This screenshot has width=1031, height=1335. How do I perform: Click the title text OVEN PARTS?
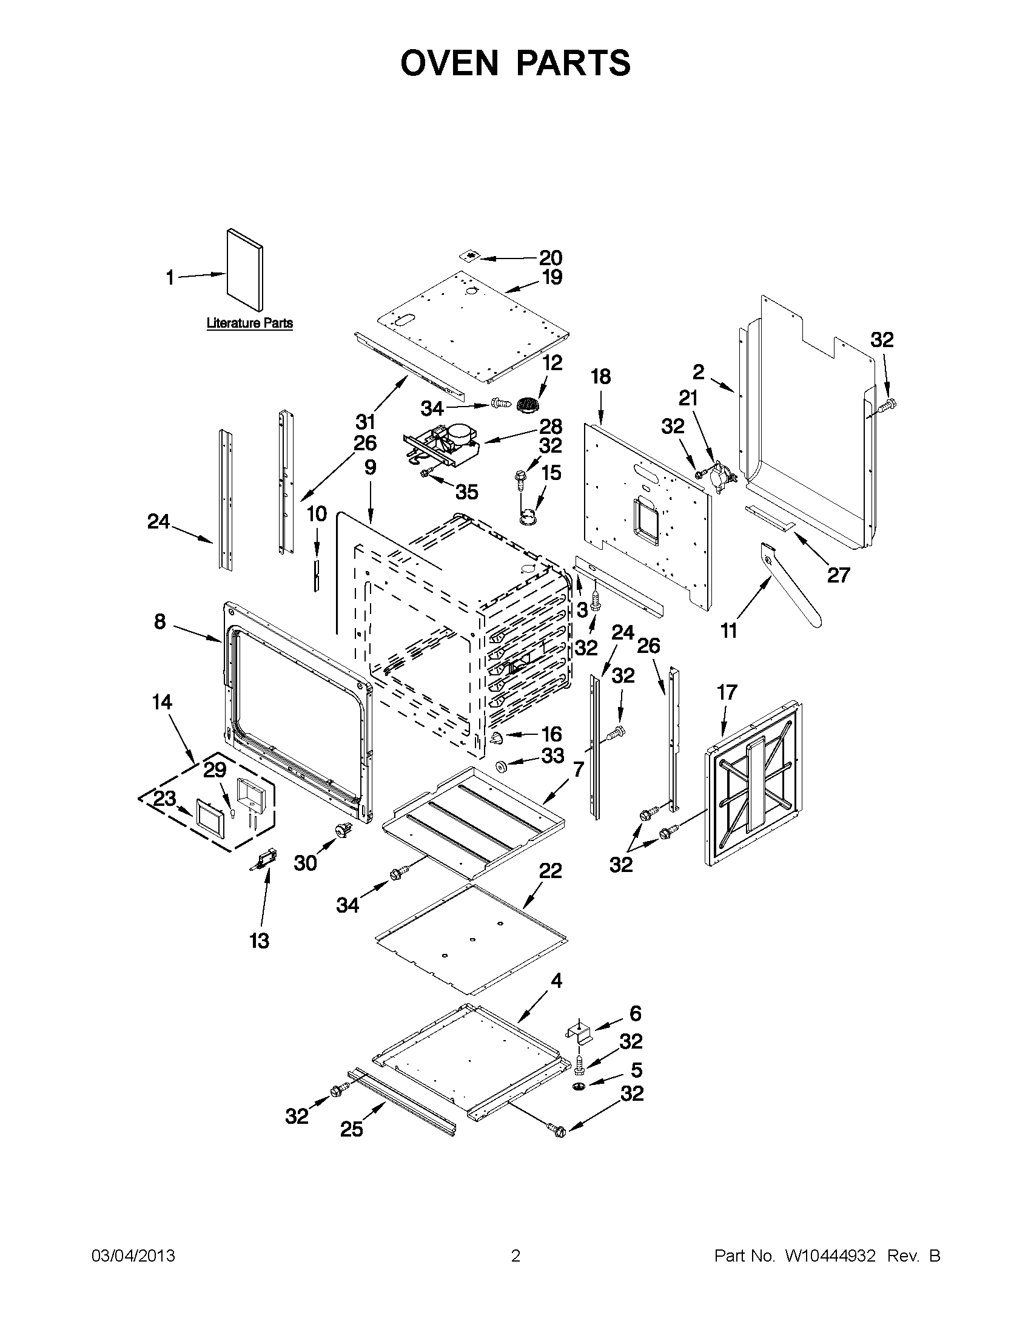coord(515,63)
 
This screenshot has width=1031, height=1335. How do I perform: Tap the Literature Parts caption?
coord(249,323)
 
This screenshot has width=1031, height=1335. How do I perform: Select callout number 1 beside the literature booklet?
coord(170,278)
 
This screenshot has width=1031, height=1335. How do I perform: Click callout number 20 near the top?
coord(550,258)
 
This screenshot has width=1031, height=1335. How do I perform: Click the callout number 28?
coord(550,427)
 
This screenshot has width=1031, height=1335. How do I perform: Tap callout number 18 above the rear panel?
coord(601,377)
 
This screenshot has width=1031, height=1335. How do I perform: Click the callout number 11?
coord(729,630)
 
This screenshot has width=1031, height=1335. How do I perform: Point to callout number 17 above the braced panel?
coord(727,692)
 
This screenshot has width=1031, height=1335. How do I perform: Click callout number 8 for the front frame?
coord(160,622)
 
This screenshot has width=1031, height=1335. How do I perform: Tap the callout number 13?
coord(259,941)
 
